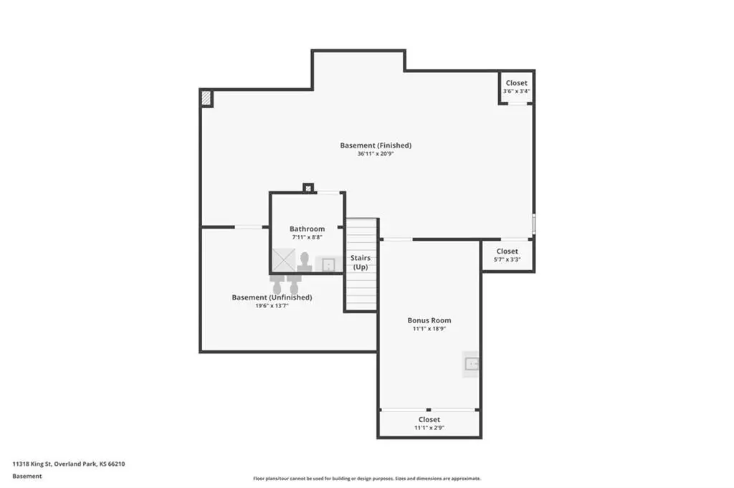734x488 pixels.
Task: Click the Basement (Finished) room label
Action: pyautogui.click(x=376, y=145)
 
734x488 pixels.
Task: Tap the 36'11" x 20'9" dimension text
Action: pyautogui.click(x=376, y=153)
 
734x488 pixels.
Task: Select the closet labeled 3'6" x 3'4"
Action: pyautogui.click(x=516, y=87)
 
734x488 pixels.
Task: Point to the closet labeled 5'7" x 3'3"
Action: pyautogui.click(x=507, y=255)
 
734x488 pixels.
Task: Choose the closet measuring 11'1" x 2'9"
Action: pyautogui.click(x=429, y=423)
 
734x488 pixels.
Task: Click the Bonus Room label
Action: pyautogui.click(x=429, y=320)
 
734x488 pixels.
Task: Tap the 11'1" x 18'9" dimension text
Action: pyautogui.click(x=429, y=328)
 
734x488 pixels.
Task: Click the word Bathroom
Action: pyautogui.click(x=307, y=229)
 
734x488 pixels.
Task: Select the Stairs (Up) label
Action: pyautogui.click(x=361, y=262)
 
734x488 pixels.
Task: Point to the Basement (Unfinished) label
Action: pyautogui.click(x=272, y=297)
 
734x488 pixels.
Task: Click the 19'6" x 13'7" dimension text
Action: pyautogui.click(x=272, y=306)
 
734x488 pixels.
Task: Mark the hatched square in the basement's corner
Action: pyautogui.click(x=206, y=97)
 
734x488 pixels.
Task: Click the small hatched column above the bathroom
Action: pyautogui.click(x=308, y=188)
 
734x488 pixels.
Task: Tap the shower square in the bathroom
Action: pyautogui.click(x=284, y=259)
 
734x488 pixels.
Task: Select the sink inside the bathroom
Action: pyautogui.click(x=328, y=265)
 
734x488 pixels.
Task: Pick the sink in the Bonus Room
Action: pyautogui.click(x=472, y=363)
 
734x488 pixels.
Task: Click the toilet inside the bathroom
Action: pyautogui.click(x=305, y=262)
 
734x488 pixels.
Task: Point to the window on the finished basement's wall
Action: pyautogui.click(x=533, y=224)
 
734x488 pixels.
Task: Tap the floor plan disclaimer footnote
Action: pyautogui.click(x=367, y=479)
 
